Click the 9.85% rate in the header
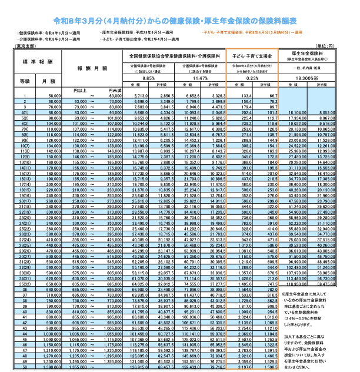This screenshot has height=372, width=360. (x=149, y=78)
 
